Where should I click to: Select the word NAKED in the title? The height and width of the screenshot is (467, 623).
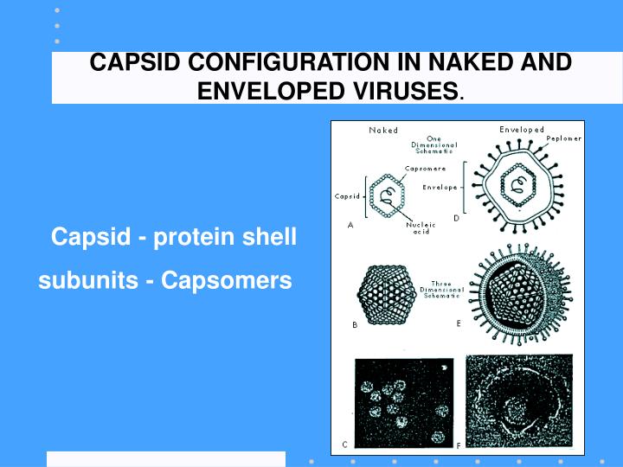point(494,63)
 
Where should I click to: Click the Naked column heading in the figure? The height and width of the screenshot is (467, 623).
point(383,131)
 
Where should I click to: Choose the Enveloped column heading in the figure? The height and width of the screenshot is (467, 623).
point(522,130)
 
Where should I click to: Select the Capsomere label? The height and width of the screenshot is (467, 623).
point(426,168)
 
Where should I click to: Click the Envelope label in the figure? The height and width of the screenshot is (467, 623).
point(440,186)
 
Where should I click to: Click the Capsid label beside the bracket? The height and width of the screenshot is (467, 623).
point(346,195)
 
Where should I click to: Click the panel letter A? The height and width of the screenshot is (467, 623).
point(350,226)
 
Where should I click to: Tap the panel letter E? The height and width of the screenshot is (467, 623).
point(458,323)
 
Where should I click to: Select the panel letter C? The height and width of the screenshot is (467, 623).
point(344,445)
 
